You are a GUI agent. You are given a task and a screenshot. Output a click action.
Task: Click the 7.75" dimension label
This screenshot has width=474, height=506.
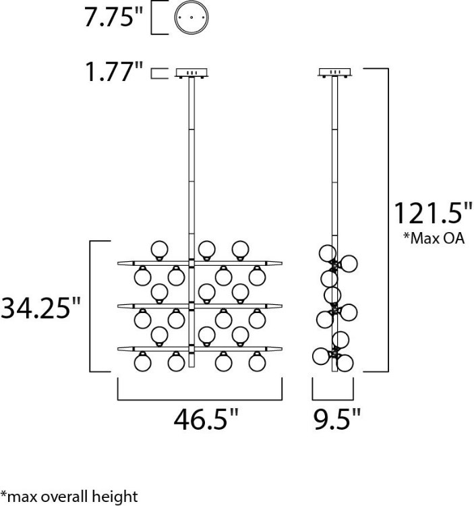tap(114, 19)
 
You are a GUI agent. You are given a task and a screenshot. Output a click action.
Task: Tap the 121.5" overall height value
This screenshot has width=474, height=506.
tap(433, 214)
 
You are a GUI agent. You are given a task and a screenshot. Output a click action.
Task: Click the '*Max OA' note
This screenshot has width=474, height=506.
tap(433, 238)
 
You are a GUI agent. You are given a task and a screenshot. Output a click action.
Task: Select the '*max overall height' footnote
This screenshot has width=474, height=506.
tap(69, 497)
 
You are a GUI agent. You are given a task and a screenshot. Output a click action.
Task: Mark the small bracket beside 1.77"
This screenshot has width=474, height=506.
tap(158, 73)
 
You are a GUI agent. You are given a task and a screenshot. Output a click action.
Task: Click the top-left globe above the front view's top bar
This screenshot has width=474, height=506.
tap(160, 249)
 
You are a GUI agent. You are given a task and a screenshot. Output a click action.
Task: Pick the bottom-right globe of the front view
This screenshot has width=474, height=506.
tap(256, 362)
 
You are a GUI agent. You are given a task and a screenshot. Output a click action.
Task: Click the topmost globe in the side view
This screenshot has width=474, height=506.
tap(328, 253)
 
